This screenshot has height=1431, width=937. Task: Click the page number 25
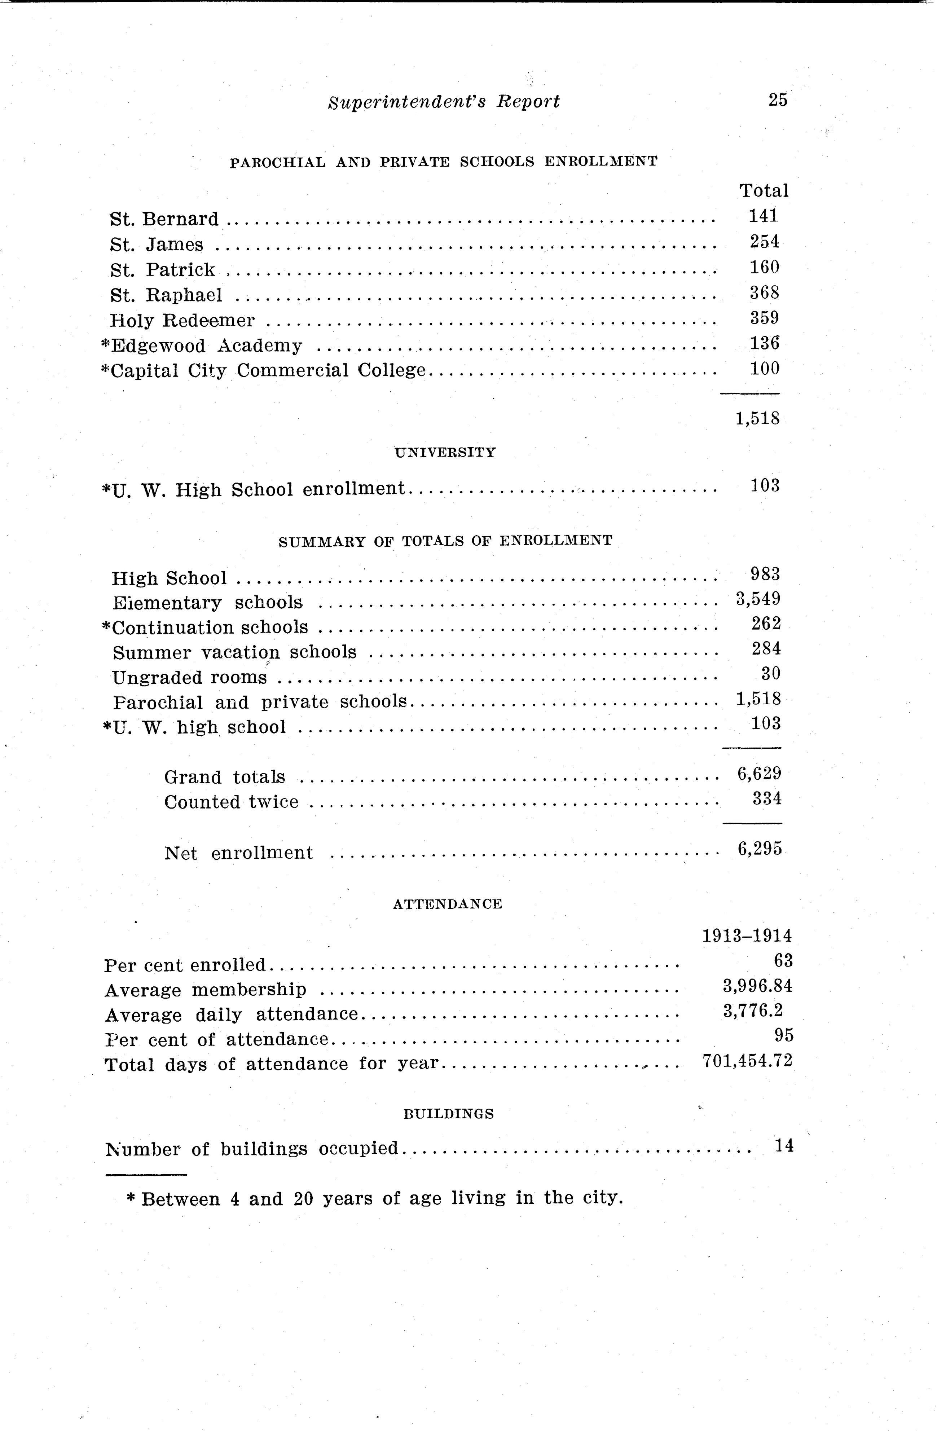[777, 100]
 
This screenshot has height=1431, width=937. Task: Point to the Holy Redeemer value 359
[764, 317]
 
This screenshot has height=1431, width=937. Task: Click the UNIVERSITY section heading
[445, 453]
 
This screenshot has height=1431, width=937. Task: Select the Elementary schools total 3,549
[758, 599]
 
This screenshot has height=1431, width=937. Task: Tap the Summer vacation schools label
[234, 652]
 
